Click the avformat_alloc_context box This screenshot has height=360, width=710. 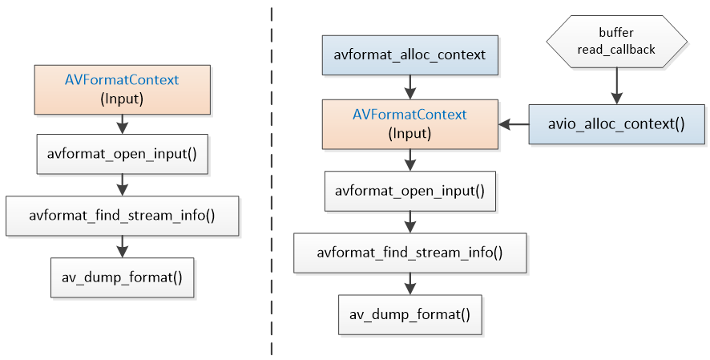coord(409,55)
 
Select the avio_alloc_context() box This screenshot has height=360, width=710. coord(616,124)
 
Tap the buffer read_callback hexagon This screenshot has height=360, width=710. coord(616,41)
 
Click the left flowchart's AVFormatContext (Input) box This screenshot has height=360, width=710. coord(123,89)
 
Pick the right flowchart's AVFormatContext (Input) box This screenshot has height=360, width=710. coord(409,124)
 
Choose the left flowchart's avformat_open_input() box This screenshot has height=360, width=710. coord(123,154)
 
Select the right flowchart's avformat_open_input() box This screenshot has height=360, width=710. coord(409,191)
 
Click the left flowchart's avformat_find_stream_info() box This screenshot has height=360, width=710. coord(123,216)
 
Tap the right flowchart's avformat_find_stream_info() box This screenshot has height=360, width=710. coord(409,253)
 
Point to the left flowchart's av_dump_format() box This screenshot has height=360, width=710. coord(123,277)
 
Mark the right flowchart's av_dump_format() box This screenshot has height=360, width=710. coord(409,315)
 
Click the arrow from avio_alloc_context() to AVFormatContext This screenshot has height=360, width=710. coord(514,124)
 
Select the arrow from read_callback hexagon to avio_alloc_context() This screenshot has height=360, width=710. coord(616,86)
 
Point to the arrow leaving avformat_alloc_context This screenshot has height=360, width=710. coord(409,87)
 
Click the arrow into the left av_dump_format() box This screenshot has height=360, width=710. coord(123,247)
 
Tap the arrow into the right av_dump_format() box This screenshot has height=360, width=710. coord(409,284)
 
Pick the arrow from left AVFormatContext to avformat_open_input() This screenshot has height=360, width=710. coord(123,124)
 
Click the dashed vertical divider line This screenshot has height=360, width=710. coord(272,181)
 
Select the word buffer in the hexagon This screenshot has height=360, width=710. coord(616,33)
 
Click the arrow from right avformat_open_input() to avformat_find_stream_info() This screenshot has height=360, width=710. coord(409,222)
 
